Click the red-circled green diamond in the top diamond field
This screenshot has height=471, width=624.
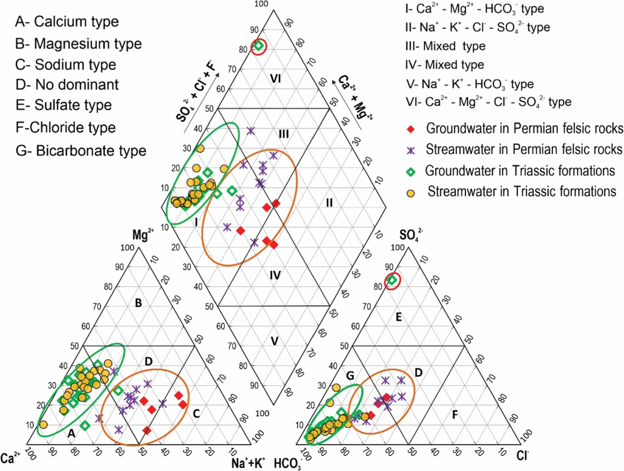point(259,46)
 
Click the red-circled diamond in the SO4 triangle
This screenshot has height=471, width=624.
point(392,280)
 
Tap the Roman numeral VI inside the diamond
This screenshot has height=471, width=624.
point(275,79)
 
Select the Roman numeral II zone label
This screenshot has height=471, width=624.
point(329,203)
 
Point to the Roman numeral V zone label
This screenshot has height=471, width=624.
point(275,341)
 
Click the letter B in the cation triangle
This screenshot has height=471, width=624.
point(138,303)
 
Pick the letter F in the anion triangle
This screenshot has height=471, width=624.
point(455,415)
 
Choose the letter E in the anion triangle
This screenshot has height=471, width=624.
point(399,317)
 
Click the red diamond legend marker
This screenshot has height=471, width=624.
point(411,129)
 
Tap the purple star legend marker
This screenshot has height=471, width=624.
point(411,150)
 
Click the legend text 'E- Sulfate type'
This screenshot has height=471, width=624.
point(64,105)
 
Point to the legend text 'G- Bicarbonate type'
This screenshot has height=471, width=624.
point(81,151)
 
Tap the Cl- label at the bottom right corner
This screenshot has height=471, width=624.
point(523,455)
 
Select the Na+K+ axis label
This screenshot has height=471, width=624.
point(248,463)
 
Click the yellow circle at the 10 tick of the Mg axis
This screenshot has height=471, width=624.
point(43,424)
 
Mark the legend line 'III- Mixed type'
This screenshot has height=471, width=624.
point(445,46)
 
